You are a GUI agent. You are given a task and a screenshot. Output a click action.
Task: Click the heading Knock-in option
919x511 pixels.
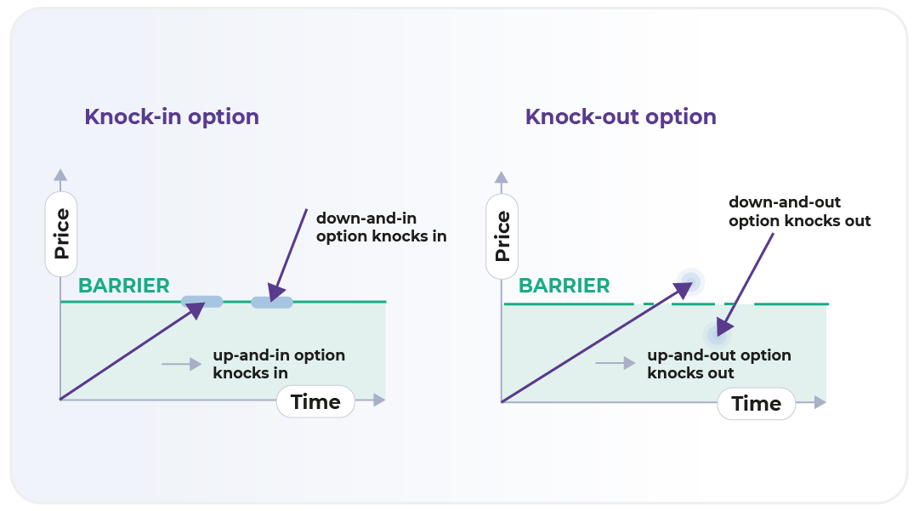point(171,116)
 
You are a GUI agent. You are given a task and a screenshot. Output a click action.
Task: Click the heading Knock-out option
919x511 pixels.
point(620,116)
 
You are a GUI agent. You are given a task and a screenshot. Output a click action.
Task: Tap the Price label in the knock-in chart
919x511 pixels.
point(61,234)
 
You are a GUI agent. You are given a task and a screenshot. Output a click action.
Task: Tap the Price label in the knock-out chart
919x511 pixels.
point(502,236)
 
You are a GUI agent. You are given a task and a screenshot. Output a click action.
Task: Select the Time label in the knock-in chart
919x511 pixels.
point(315,402)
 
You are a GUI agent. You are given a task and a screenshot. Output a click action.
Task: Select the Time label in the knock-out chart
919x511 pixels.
point(756,404)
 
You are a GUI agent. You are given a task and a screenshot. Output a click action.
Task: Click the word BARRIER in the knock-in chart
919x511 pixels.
point(124,286)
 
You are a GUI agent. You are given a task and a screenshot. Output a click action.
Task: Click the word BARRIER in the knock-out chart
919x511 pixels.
point(564,286)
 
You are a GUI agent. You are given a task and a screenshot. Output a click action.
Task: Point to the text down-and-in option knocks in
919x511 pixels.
point(381,227)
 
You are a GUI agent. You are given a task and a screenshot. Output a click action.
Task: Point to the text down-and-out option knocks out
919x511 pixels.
point(799,212)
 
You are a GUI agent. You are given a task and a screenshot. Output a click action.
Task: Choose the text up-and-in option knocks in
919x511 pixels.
point(279,364)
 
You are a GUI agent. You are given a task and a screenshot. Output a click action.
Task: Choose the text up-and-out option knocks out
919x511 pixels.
point(718,364)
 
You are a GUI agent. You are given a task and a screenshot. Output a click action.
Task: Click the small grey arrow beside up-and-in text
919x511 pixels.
point(181,365)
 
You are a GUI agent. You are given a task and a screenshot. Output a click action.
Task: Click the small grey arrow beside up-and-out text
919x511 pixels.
point(615,364)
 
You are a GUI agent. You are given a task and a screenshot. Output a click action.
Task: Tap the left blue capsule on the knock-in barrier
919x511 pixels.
point(202,301)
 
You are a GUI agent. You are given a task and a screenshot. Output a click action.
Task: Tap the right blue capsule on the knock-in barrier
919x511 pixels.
point(272,302)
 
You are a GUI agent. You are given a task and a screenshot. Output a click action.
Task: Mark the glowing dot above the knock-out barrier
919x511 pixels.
point(689,281)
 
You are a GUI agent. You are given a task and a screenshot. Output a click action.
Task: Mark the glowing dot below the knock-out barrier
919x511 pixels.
point(717,332)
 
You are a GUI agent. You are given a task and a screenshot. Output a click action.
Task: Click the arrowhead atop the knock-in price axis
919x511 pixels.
point(60,175)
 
